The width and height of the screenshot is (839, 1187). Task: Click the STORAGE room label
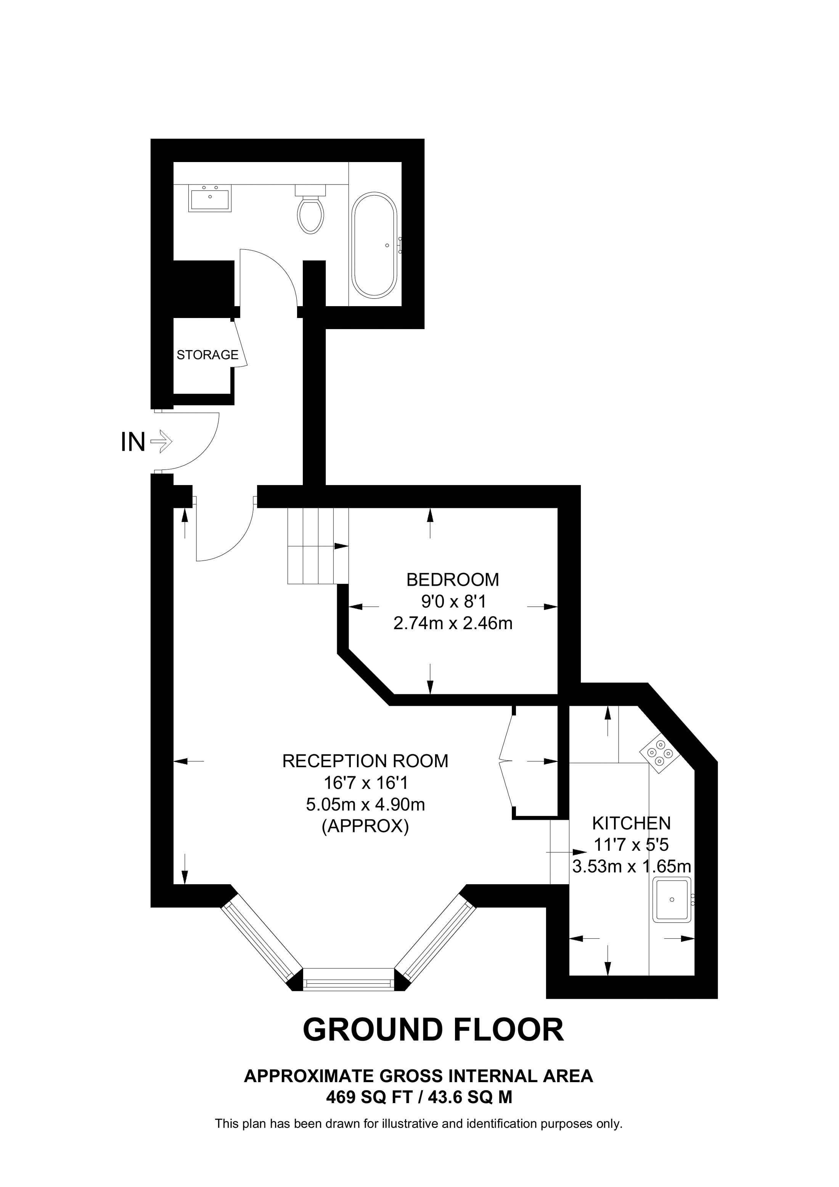click(207, 355)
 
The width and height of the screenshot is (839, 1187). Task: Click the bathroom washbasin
click(210, 198)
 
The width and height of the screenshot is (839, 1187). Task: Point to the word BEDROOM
click(453, 580)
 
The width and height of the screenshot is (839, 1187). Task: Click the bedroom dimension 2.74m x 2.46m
click(453, 623)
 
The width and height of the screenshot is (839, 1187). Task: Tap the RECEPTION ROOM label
click(365, 761)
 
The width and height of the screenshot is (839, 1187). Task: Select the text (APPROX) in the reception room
click(365, 827)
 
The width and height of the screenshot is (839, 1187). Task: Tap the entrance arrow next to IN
click(161, 442)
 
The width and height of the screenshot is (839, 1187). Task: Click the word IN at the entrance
click(133, 442)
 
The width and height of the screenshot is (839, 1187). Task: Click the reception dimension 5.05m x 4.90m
click(365, 805)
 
